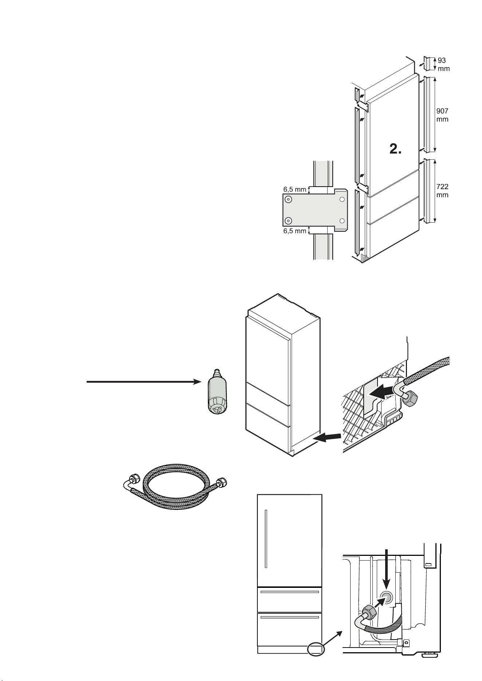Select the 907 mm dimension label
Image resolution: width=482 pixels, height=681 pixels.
point(442,115)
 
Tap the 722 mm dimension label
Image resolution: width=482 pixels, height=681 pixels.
point(442,191)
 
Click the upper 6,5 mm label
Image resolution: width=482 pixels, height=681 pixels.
point(295,189)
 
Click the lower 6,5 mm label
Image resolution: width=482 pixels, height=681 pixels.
point(295,231)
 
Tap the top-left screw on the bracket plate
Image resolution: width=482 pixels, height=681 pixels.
point(288,199)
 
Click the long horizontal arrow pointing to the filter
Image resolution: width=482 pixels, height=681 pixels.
point(144,382)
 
